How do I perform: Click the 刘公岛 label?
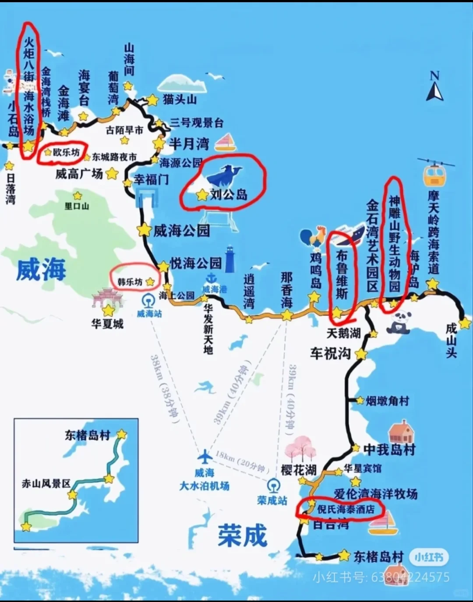pyautogui.click(x=229, y=194)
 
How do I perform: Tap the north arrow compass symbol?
pyautogui.click(x=434, y=87)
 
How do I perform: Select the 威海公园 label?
pyautogui.click(x=181, y=230)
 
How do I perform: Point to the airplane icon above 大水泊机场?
pyautogui.click(x=204, y=457)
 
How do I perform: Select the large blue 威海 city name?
pyautogui.click(x=41, y=269)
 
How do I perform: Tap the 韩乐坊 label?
pyautogui.click(x=130, y=282)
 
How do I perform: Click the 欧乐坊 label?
pyautogui.click(x=67, y=152)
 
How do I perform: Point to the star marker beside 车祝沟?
pyautogui.click(x=361, y=354)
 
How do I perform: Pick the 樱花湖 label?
pyautogui.click(x=299, y=470)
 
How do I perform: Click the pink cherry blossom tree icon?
pyautogui.click(x=301, y=449)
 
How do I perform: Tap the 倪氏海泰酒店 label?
pyautogui.click(x=346, y=509)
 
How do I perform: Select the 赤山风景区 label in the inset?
pyautogui.click(x=46, y=483)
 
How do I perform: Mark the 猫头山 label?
pyautogui.click(x=180, y=99)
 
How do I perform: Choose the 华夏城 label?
pyautogui.click(x=107, y=324)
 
